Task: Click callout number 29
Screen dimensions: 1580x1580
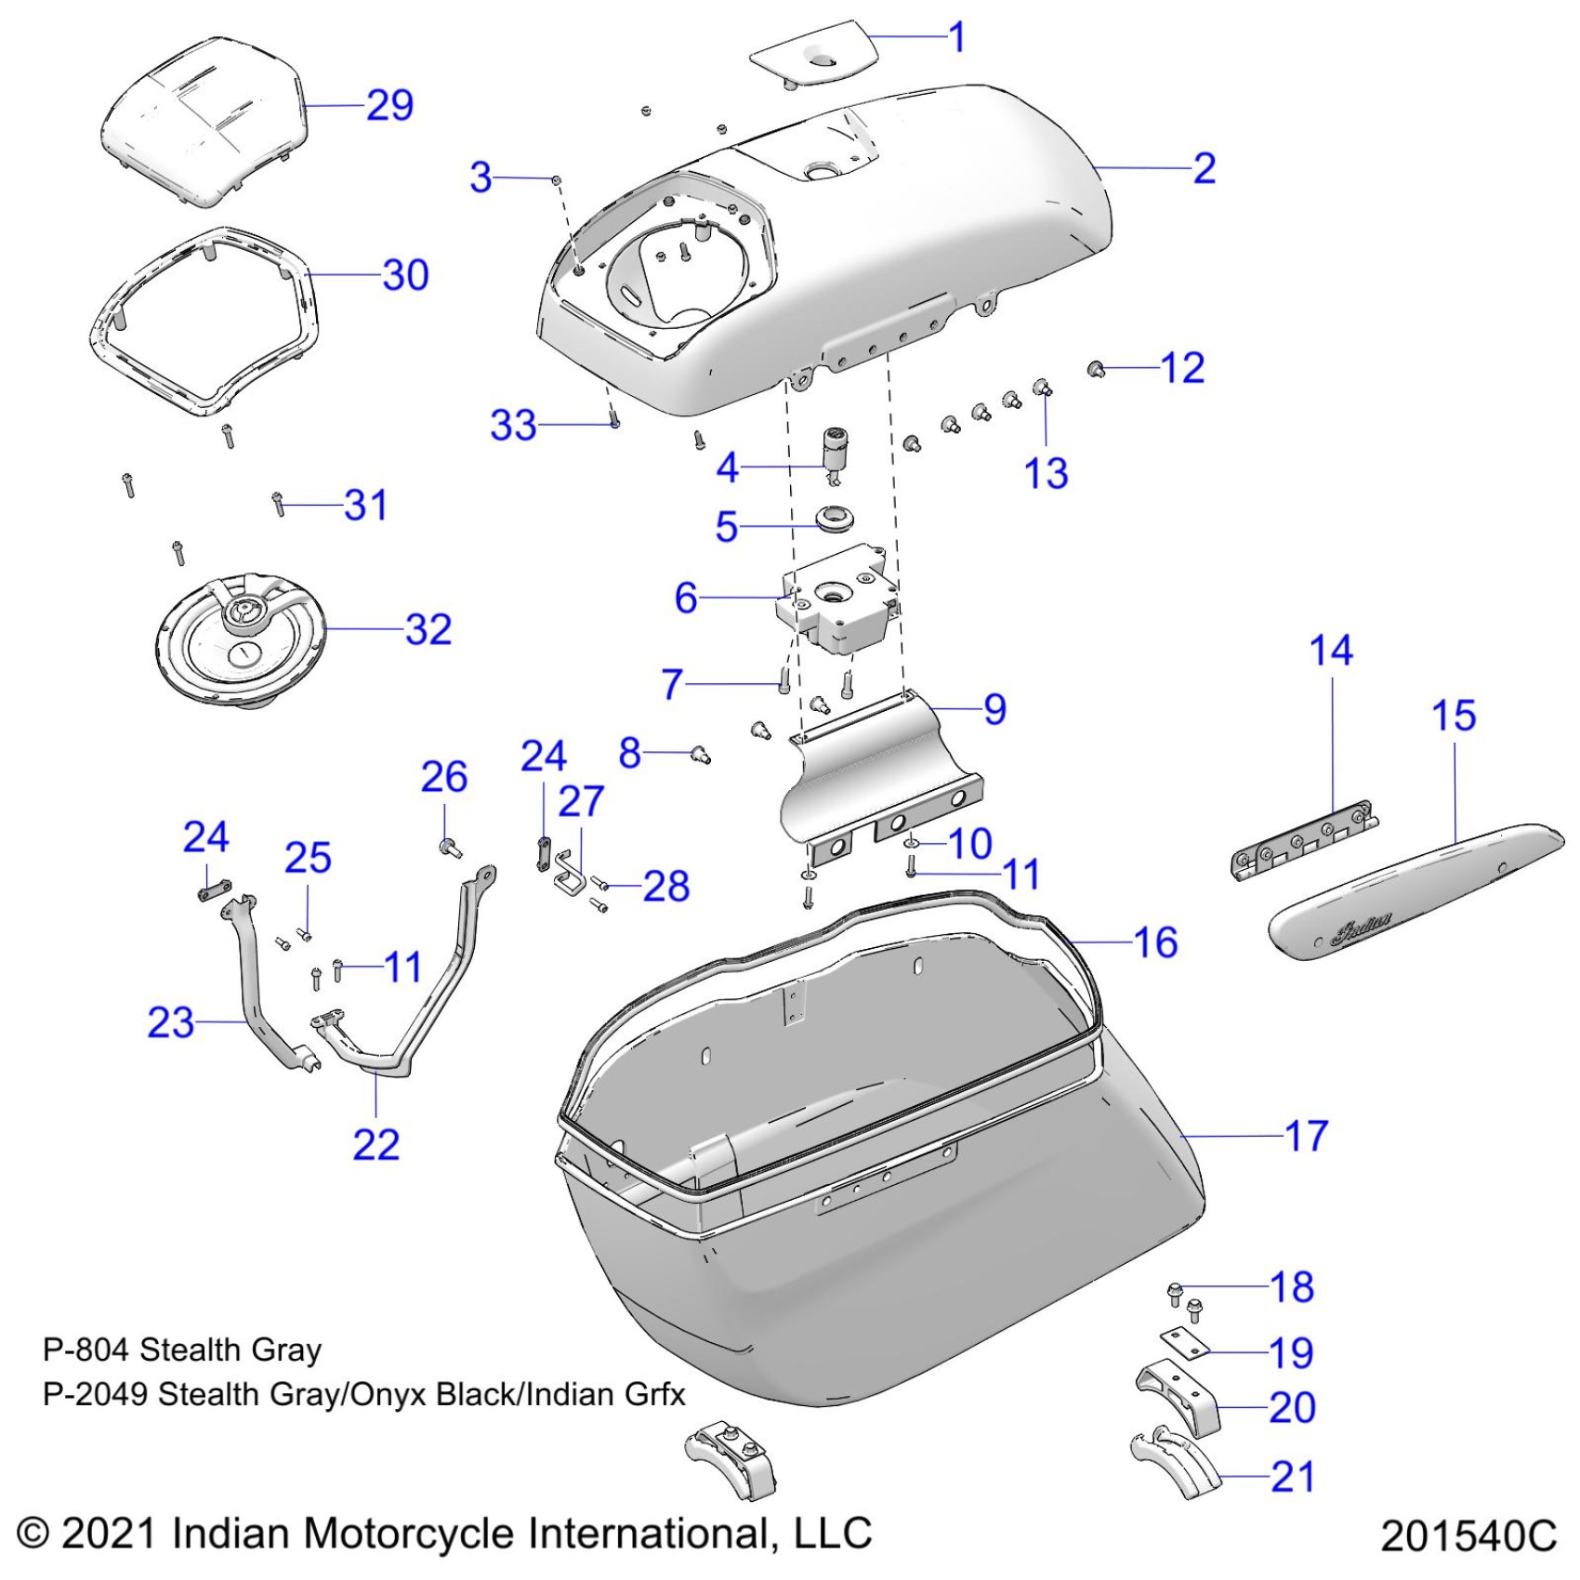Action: point(389,105)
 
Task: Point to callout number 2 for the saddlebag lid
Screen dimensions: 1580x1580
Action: point(1204,168)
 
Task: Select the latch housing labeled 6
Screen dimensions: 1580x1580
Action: point(837,599)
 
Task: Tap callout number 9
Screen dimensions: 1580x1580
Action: point(994,709)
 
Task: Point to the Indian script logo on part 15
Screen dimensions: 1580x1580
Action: point(1363,928)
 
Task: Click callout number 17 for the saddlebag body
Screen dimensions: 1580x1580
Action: point(1306,1136)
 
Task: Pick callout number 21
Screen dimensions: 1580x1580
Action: point(1292,1476)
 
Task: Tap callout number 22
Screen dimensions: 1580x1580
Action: point(375,1144)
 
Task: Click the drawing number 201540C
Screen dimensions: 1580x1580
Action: point(1468,1535)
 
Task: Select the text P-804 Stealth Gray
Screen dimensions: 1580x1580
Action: point(182,1350)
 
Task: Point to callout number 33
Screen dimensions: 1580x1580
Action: point(513,426)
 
